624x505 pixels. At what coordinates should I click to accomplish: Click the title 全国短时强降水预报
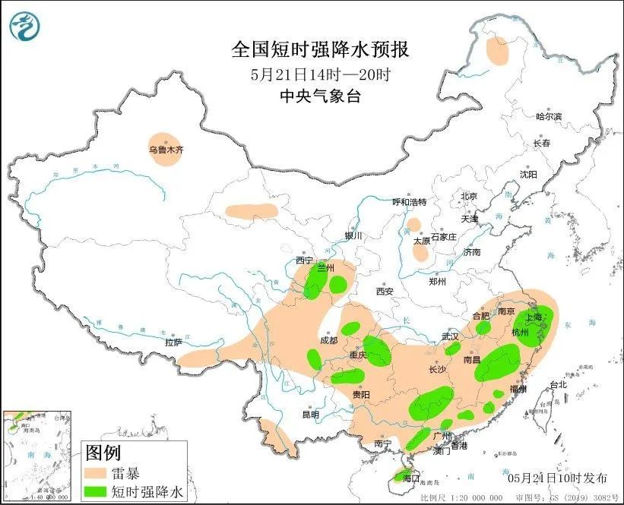pyautogui.click(x=320, y=50)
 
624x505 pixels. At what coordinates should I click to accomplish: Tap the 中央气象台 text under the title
pyautogui.click(x=320, y=96)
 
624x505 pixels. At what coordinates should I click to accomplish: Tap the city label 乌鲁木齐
pyautogui.click(x=166, y=150)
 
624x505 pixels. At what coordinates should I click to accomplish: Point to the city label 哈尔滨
pyautogui.click(x=548, y=116)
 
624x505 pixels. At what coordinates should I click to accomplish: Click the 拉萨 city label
pyautogui.click(x=173, y=342)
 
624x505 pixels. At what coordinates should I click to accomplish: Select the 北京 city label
pyautogui.click(x=468, y=196)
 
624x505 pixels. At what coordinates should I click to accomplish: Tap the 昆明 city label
pyautogui.click(x=310, y=415)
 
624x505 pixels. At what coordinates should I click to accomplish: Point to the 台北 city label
pyautogui.click(x=558, y=384)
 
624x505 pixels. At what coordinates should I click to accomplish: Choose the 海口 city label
pyautogui.click(x=411, y=478)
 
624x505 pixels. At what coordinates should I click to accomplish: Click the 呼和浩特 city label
pyautogui.click(x=409, y=202)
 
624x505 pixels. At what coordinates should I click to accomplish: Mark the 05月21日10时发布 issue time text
pyautogui.click(x=557, y=478)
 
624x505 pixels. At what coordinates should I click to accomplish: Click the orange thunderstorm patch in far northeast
pyautogui.click(x=497, y=52)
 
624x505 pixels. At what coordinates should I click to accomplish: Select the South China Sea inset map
pyautogui.click(x=38, y=456)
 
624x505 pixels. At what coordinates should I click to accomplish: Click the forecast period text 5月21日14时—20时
pyautogui.click(x=320, y=74)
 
